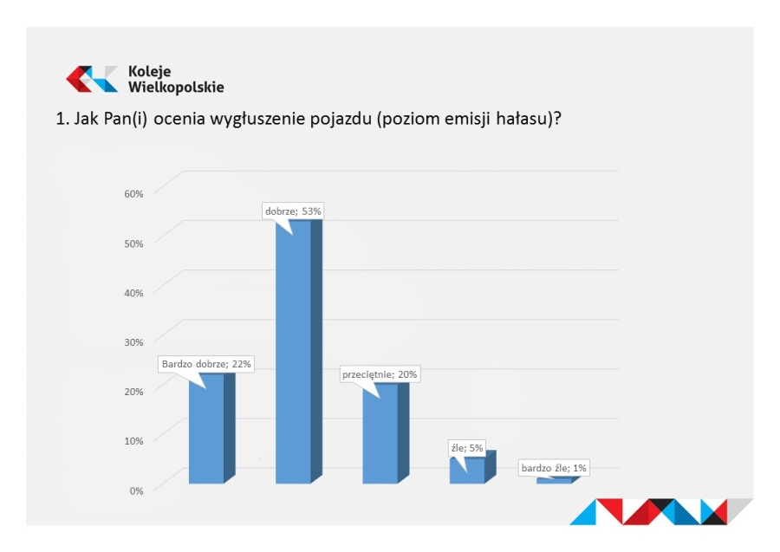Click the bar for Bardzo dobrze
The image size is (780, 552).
(x=212, y=428)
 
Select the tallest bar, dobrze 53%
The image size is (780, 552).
(x=299, y=352)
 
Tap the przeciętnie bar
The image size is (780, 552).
(x=386, y=433)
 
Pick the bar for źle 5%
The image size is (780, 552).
(x=472, y=467)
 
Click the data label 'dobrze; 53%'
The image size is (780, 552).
(x=293, y=211)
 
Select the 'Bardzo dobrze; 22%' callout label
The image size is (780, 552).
(x=206, y=364)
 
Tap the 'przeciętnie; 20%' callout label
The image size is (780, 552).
(x=380, y=374)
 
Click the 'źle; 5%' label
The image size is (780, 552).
(x=467, y=448)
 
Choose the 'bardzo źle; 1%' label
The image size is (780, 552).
(x=554, y=468)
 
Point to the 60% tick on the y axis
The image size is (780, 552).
(x=133, y=194)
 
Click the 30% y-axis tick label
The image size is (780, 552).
(x=133, y=342)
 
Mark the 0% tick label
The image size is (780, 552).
(x=136, y=490)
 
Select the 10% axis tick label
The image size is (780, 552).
(x=133, y=441)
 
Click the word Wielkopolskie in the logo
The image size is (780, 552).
(x=176, y=87)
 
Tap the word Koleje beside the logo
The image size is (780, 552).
(x=149, y=72)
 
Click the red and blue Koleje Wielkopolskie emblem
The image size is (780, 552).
(x=92, y=79)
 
